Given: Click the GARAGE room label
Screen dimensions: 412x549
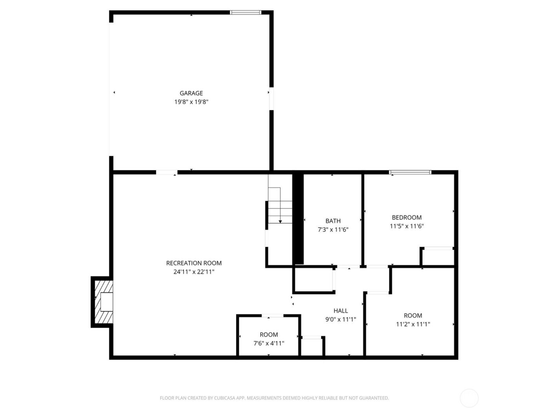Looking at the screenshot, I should pos(191,93).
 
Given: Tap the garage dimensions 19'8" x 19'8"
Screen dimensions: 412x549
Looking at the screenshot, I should pos(191,102).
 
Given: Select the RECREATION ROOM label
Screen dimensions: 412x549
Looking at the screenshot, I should pos(194,263).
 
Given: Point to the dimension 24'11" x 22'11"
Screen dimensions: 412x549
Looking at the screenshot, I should pos(194,272).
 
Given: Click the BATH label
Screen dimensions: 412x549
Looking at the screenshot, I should pos(333,221).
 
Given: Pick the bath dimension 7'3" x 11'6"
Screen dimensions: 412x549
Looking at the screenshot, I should pos(333,230).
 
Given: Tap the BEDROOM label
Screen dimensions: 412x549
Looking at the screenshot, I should pos(407,217).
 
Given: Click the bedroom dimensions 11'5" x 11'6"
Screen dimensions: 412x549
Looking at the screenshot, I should pos(407,226).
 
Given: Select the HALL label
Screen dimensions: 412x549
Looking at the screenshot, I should pos(341,311).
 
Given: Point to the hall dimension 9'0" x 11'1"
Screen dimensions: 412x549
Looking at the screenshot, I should pos(341,320).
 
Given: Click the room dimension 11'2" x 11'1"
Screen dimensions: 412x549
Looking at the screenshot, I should pos(413,324).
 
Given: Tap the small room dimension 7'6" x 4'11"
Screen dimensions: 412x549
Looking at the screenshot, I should pos(269,343).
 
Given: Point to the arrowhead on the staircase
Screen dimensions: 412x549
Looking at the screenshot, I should pos(280,222).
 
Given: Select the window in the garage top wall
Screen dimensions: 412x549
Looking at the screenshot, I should pos(245,13).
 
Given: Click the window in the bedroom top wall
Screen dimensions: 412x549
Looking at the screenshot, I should pos(410,172).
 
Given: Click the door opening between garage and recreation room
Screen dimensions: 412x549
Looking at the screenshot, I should pos(167,172).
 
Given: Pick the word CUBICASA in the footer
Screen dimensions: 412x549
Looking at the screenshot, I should pos(224,398).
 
